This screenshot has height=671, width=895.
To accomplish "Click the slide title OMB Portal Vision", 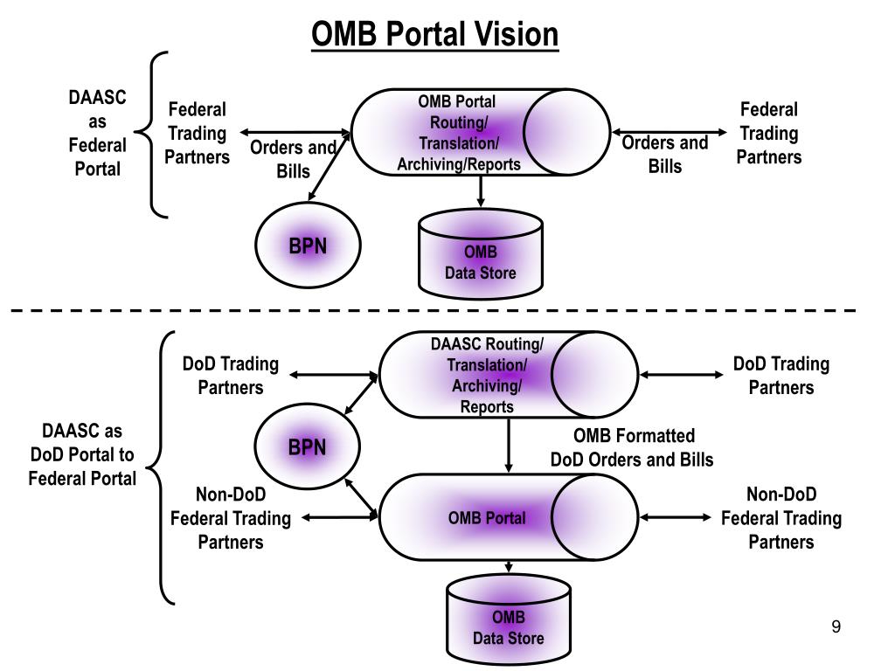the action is click(434, 34).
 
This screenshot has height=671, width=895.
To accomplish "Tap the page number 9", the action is click(836, 626).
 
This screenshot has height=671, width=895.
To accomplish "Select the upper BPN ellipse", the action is click(308, 246).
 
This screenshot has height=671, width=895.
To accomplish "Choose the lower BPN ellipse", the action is click(307, 446).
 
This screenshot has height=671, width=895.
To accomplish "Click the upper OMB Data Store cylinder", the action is click(481, 254).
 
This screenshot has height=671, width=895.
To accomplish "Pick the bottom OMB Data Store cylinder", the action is click(509, 619).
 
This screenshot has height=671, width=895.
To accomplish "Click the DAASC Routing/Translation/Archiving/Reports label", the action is click(487, 376).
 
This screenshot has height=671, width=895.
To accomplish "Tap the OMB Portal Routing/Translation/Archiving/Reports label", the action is click(458, 133).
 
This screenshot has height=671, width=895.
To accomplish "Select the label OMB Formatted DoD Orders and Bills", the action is click(633, 448).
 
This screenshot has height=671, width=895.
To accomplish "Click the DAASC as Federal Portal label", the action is click(98, 133).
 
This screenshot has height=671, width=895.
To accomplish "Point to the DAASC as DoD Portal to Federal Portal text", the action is click(83, 454).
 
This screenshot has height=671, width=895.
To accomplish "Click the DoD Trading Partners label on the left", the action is click(231, 376).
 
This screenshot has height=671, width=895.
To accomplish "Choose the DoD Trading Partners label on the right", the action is click(781, 376).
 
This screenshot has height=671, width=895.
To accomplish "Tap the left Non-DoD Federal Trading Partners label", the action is click(231, 518).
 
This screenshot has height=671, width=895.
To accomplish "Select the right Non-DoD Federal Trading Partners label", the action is click(781, 518).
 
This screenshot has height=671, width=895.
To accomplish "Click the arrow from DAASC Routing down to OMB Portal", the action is click(509, 445).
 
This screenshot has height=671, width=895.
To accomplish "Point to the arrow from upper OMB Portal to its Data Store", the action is click(481, 191).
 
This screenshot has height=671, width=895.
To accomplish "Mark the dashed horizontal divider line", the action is click(434, 310).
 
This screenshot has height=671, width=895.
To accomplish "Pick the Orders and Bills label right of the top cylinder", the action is click(665, 154).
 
